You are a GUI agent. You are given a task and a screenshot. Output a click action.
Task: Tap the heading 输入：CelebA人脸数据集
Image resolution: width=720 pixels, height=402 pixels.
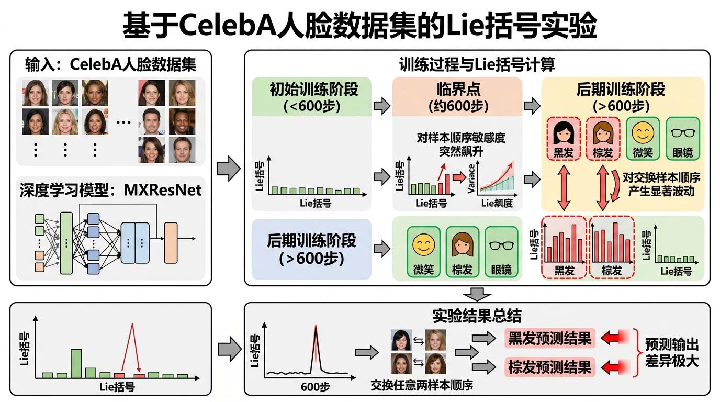[x=110, y=64]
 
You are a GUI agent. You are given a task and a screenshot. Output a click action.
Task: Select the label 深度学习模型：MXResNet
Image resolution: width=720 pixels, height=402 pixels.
[x=110, y=189]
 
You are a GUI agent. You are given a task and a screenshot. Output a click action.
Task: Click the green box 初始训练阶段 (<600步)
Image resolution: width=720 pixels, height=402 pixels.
[x=311, y=97]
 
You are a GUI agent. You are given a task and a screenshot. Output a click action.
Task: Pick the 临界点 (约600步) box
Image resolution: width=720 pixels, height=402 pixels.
[x=457, y=97]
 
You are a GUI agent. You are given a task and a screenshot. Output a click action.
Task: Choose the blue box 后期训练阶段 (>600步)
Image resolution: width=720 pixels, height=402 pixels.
[x=311, y=249]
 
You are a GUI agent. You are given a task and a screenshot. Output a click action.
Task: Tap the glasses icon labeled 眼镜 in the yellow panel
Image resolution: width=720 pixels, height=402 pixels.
[x=682, y=133]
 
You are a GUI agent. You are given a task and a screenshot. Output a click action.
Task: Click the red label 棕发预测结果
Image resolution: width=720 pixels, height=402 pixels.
[x=549, y=367]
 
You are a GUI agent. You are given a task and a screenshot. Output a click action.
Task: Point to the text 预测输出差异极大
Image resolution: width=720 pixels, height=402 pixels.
[x=671, y=353]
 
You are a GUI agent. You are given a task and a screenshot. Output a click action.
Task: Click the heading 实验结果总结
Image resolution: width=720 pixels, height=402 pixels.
[x=477, y=316]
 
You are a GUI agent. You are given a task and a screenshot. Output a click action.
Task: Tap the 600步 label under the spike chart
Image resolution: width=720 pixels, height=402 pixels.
[x=315, y=387]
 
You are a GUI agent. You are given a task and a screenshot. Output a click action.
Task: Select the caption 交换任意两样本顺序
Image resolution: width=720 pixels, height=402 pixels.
[x=422, y=386]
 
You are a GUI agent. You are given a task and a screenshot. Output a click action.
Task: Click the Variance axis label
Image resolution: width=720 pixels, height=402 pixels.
[x=471, y=178]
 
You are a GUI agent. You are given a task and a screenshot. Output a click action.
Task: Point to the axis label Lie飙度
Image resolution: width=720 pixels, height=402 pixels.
[x=497, y=203]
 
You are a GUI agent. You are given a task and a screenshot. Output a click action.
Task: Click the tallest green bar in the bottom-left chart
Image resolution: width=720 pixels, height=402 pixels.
[x=76, y=363]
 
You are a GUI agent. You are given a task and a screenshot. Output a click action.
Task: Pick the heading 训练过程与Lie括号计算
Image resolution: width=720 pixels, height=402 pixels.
[x=477, y=65]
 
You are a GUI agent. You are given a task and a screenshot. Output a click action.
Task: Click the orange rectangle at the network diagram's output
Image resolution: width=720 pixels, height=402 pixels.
[x=171, y=242]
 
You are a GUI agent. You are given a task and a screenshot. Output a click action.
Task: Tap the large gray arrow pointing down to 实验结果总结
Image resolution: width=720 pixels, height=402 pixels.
[x=477, y=294]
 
